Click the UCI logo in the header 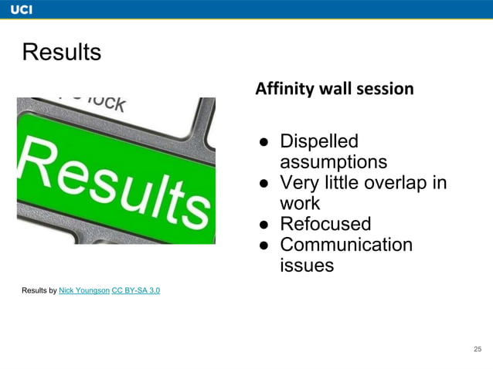point(21,8)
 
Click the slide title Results point(62,52)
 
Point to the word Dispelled point(318,142)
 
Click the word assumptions point(333,162)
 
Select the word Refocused point(325,224)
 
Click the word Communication point(345,245)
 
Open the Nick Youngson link point(83,290)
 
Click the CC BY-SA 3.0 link point(136,290)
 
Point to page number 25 point(478,350)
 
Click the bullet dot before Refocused point(263,225)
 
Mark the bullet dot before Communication point(263,245)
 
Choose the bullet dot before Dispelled point(263,143)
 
